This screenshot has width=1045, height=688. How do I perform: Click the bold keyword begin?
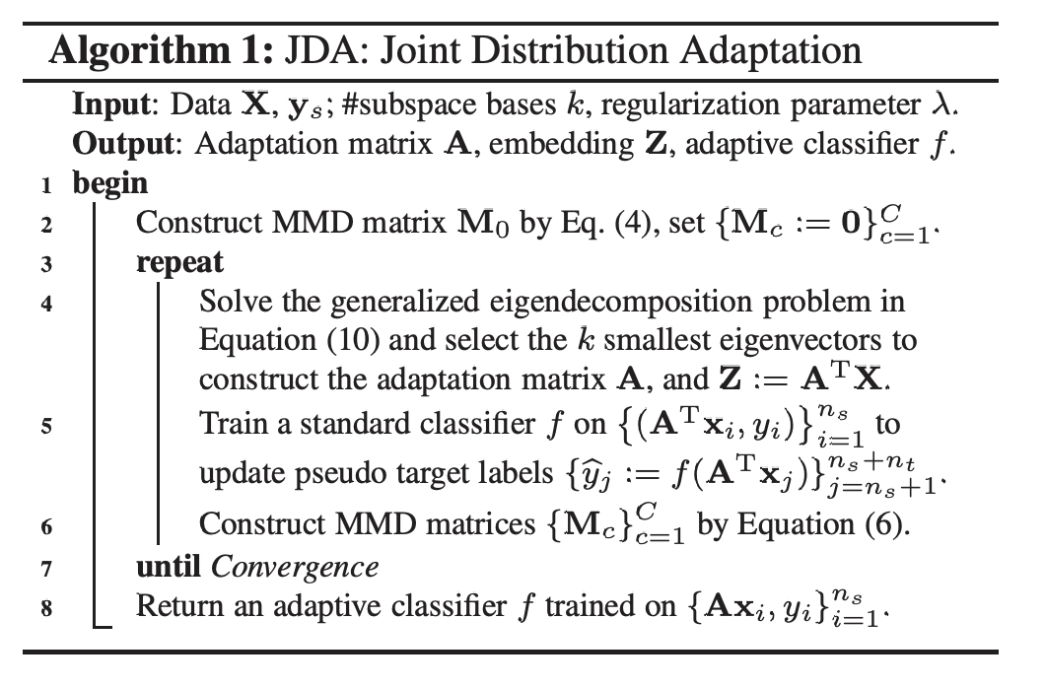pos(110,183)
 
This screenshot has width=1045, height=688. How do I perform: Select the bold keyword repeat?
pos(180,262)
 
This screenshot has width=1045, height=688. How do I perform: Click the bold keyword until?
pos(171,567)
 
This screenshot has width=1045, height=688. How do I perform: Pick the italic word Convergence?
pos(295,568)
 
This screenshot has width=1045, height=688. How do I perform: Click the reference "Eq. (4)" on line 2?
pos(587,223)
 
